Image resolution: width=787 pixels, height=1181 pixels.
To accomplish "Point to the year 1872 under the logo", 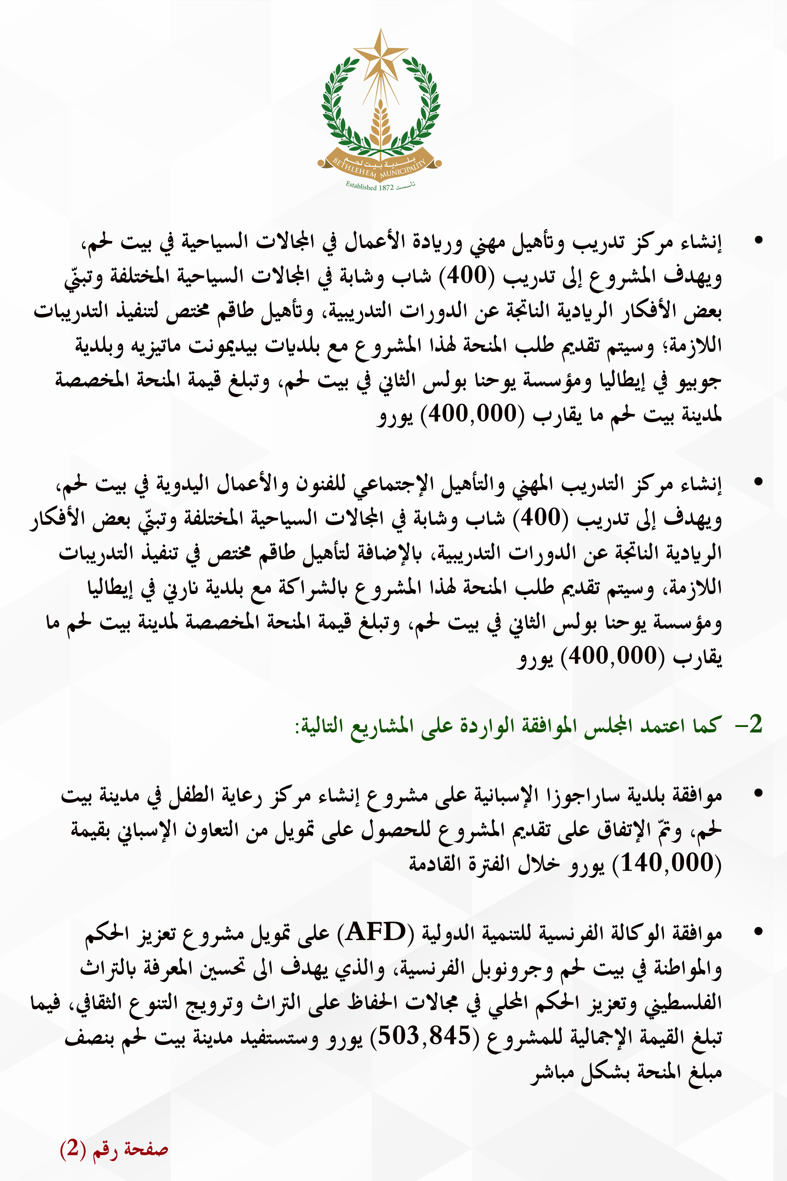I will point(386,187).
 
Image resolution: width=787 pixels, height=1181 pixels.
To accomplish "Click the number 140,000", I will point(667,863).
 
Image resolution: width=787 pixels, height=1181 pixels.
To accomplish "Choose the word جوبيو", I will point(699,381).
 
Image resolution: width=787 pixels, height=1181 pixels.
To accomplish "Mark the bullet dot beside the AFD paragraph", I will point(759,932).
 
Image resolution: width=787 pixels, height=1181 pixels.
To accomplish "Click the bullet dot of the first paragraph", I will point(759,240).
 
